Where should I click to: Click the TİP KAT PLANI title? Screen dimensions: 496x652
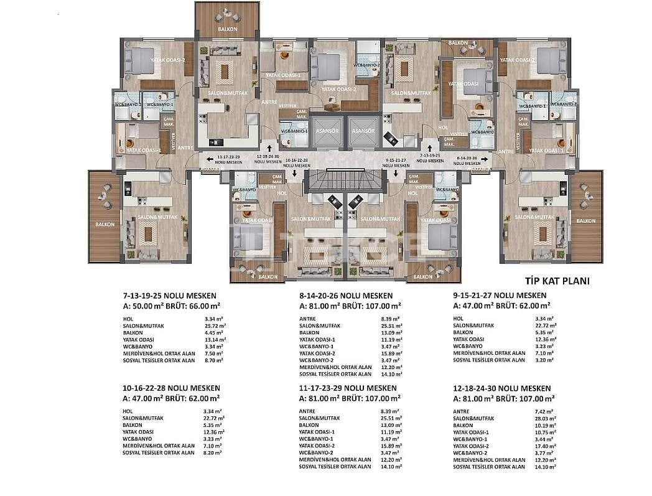tap(549, 281)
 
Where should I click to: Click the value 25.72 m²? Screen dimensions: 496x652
tap(215, 325)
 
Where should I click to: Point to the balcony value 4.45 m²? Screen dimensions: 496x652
tap(213, 332)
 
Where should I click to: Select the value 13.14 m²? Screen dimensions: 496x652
tap(215, 340)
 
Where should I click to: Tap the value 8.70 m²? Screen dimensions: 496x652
tap(213, 360)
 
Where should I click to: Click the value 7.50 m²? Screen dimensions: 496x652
tap(213, 353)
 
